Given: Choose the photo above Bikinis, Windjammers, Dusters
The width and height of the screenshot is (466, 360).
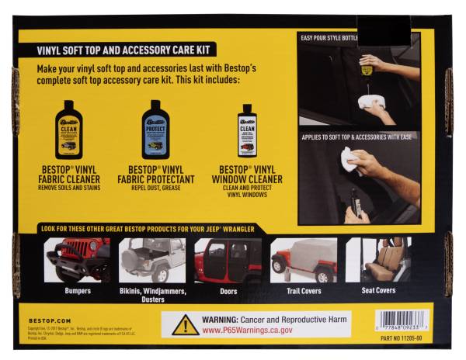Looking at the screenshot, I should click(152, 260).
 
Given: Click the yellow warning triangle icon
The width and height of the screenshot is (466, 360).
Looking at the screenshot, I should click(185, 325).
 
